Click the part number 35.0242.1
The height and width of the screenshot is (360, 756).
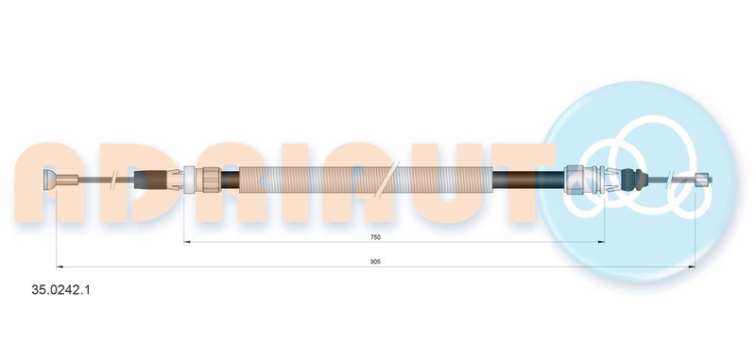tap(60, 290)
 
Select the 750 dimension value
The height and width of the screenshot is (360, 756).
tap(375, 237)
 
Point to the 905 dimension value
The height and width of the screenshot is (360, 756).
tap(375, 262)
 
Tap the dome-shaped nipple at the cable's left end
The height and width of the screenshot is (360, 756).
tap(50, 180)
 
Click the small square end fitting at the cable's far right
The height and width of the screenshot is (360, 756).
tap(704, 180)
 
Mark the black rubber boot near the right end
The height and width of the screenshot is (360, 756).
tap(632, 179)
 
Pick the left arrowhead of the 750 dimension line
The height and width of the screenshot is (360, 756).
tap(187, 242)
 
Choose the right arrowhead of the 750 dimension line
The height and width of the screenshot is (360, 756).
tap(601, 242)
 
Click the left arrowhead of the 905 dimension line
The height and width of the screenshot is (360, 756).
tap(60, 266)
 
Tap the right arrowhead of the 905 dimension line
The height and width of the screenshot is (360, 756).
tap(692, 266)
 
